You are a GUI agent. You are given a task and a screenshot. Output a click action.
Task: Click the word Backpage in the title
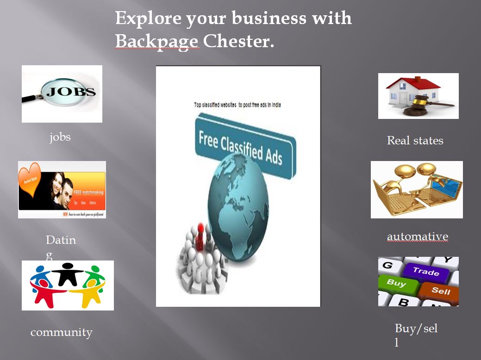[x=157, y=42]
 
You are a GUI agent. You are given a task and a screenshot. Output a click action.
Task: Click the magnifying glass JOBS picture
[x=62, y=93]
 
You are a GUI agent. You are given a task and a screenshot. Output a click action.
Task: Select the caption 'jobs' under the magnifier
[x=60, y=137]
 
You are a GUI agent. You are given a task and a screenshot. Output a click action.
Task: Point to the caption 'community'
[x=61, y=332]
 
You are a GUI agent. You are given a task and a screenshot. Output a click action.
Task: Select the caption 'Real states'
[x=415, y=141]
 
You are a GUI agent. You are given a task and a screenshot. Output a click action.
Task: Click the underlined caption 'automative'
[x=418, y=237]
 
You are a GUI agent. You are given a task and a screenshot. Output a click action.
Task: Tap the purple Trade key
[x=425, y=272]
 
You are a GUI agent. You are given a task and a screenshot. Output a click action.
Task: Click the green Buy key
[x=396, y=282]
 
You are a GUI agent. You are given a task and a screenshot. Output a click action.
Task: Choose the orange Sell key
[x=440, y=290]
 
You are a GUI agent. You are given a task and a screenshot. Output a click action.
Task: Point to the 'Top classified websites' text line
[x=237, y=105]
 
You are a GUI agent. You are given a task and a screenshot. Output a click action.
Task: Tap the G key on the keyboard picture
[x=387, y=265]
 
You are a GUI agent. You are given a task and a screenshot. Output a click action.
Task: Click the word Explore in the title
[x=148, y=19]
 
